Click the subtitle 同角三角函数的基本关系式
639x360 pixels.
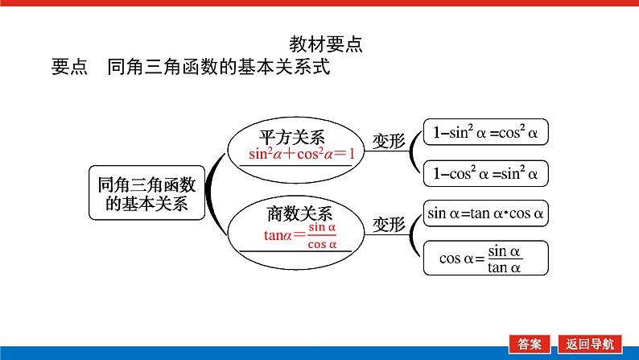coord(218,67)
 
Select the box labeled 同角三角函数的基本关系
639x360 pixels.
coord(146,193)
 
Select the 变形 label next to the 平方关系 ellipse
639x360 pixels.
coord(388,140)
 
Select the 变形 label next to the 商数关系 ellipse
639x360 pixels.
coord(388,224)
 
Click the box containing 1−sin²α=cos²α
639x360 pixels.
coord(485,131)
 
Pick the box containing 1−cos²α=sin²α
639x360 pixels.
coord(485,172)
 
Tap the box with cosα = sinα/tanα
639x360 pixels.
coord(485,258)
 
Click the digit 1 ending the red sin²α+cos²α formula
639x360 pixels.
coord(350,154)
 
